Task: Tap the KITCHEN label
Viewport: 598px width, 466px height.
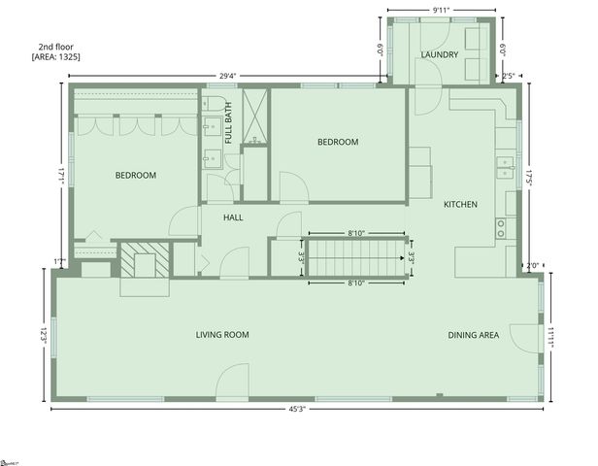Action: click(x=460, y=204)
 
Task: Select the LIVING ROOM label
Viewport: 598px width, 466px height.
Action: click(x=222, y=335)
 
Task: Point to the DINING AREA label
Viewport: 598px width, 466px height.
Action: click(x=474, y=335)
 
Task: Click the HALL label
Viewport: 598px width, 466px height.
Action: click(x=233, y=217)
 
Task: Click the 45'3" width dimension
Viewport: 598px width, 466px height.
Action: click(x=299, y=409)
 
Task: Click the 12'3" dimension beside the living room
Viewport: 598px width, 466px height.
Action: click(x=44, y=336)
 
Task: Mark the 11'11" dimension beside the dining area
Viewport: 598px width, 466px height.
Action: click(x=550, y=336)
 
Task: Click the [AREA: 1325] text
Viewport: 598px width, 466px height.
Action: click(x=56, y=57)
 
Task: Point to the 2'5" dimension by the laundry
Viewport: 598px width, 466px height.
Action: click(x=508, y=75)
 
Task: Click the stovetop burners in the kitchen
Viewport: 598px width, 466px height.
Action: click(x=501, y=228)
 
